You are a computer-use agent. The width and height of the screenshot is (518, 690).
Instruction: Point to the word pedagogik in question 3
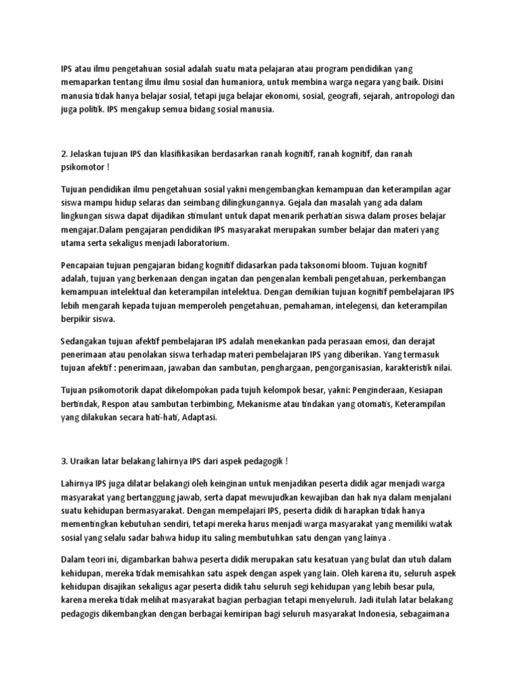coord(261,461)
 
